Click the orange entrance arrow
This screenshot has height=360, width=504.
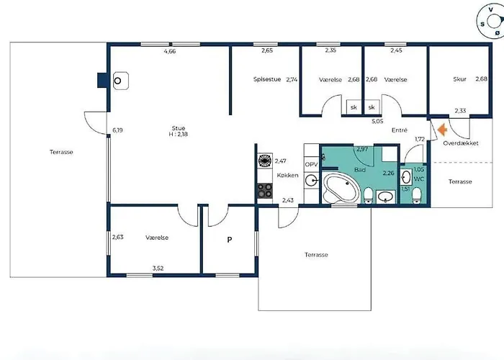pos(443,130)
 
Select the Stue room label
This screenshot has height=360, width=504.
pos(179,128)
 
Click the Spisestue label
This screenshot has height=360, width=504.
pos(267,79)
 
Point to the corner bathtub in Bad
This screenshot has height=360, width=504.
pos(341,189)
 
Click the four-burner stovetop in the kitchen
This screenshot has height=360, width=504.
pos(265,190)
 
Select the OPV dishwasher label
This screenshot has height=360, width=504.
pos(311,165)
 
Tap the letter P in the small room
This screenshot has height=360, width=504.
pos(230,240)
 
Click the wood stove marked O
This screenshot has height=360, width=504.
pos(120,81)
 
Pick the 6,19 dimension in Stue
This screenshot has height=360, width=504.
pos(117,130)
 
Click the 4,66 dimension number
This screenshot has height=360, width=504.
pos(170,51)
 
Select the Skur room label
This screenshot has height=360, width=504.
pos(459,79)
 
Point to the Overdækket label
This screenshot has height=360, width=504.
pos(461,143)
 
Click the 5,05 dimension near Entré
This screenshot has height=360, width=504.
pos(377,122)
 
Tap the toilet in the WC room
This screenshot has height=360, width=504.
pos(417,195)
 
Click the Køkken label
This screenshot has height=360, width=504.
pos(288,175)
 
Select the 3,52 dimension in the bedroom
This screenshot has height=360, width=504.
pos(158,268)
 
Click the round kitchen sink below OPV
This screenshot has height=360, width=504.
pos(311,180)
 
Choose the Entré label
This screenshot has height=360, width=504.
pos(400,130)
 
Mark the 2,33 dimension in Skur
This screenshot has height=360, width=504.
pos(460,111)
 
